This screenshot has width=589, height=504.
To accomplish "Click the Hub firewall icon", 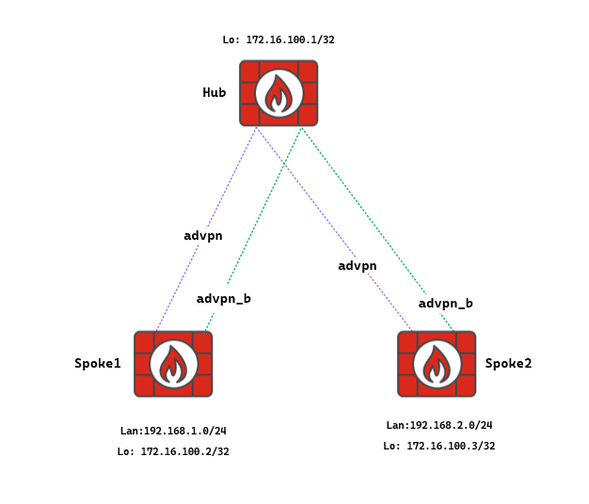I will coord(279,93).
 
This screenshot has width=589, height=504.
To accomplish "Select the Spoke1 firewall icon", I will coord(173,364).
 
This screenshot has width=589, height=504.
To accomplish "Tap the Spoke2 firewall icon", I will coord(437,364).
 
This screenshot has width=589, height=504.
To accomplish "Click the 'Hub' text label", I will coord(215,92).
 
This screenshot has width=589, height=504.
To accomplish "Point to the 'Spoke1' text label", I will coord(98,363).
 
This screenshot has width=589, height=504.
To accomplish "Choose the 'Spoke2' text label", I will coord(508,363).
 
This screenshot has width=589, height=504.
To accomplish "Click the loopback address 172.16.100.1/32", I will coord(279,40).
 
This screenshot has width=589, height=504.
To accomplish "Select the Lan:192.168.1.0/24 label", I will coord(173,431).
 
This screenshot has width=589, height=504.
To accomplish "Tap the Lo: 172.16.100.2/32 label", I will coord(173,451).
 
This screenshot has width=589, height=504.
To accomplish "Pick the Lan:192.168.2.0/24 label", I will coord(439,425).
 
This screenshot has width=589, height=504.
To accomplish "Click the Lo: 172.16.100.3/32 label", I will coord(439,446).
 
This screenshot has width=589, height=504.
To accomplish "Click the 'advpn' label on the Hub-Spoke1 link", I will coord(203,235).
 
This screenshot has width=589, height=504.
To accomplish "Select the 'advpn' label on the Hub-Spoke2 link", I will coord(358,265).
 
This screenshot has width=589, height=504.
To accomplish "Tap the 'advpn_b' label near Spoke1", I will coord(224,298).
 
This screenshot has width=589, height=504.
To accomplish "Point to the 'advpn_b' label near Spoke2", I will coord(446,303).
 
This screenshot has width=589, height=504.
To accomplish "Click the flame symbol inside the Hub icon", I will coord(279,94).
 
